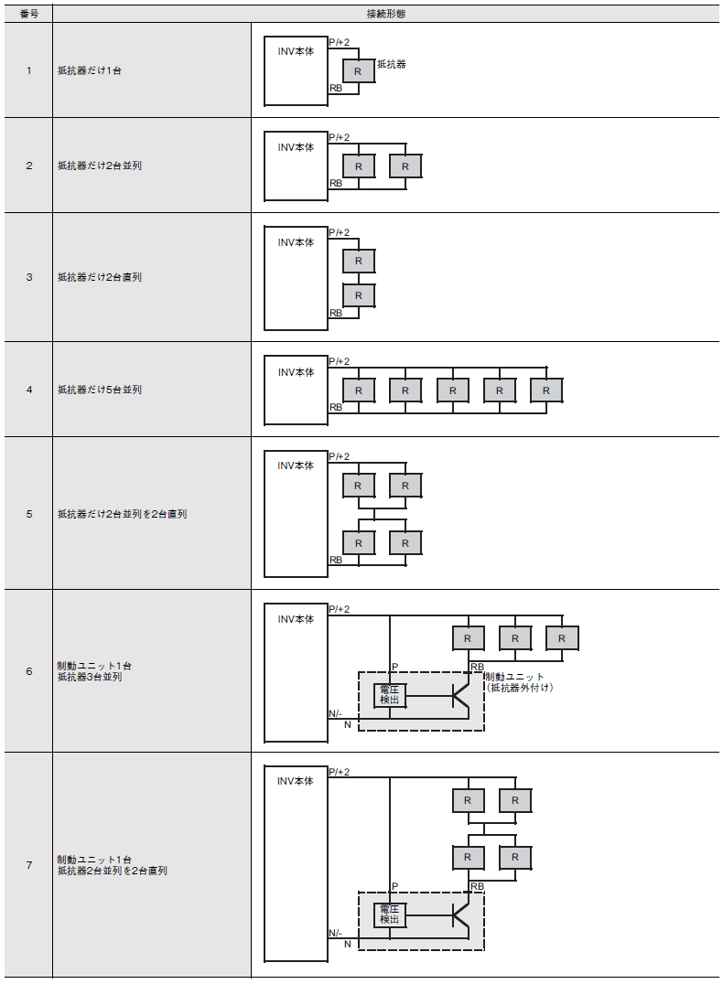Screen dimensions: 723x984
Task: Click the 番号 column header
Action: click(x=29, y=14)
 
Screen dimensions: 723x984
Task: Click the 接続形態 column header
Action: click(x=385, y=14)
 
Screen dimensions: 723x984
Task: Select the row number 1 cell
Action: click(x=29, y=70)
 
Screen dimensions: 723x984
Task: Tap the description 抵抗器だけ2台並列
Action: click(x=99, y=166)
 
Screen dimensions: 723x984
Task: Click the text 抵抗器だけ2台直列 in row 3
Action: click(x=99, y=277)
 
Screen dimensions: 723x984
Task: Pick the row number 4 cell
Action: click(x=29, y=390)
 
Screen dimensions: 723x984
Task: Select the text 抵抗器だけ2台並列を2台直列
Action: click(x=122, y=514)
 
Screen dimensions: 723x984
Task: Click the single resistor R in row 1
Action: click(x=358, y=71)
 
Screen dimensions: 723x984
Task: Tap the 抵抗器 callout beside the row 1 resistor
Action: click(x=392, y=64)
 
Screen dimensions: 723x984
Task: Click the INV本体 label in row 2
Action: click(x=296, y=147)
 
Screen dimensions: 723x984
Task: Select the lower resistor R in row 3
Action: click(x=359, y=295)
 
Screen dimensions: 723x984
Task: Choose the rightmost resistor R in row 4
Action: click(x=545, y=390)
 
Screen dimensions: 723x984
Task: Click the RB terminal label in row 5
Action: click(x=336, y=560)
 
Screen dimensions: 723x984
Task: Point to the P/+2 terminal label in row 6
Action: click(x=340, y=609)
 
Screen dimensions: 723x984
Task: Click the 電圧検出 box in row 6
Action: click(x=390, y=695)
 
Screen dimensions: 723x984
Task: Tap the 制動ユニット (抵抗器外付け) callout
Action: click(x=519, y=682)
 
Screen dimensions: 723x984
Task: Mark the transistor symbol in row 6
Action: click(x=461, y=695)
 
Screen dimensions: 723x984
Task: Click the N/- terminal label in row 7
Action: click(x=336, y=933)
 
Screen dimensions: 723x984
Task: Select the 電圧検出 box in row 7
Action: click(x=390, y=914)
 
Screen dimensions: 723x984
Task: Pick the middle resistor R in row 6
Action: click(x=514, y=638)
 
